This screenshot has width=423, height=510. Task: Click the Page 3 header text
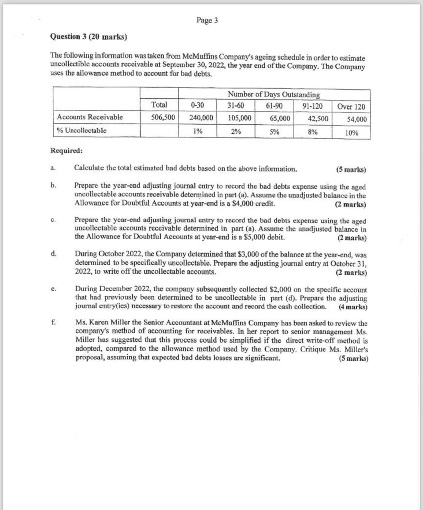(x=207, y=20)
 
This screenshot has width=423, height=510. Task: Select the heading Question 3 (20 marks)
(x=89, y=37)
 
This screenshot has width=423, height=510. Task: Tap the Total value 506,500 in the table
(x=163, y=117)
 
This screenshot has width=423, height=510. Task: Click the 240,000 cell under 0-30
(x=201, y=118)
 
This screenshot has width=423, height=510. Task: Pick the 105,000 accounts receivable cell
(x=239, y=118)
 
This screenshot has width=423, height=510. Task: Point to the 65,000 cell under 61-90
(x=279, y=118)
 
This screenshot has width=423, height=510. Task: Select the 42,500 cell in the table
(x=318, y=119)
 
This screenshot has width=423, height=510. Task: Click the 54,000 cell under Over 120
(x=356, y=119)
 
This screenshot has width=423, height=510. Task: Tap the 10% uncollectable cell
(x=351, y=133)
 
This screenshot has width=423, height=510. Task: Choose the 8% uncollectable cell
(x=313, y=132)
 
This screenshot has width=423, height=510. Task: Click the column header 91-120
(x=312, y=106)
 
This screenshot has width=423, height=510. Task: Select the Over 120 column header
(x=351, y=107)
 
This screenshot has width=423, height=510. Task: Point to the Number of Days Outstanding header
(x=274, y=95)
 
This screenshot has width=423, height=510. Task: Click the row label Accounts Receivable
(x=90, y=117)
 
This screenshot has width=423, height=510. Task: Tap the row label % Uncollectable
(x=82, y=130)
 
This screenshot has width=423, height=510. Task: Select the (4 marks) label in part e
(x=353, y=307)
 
